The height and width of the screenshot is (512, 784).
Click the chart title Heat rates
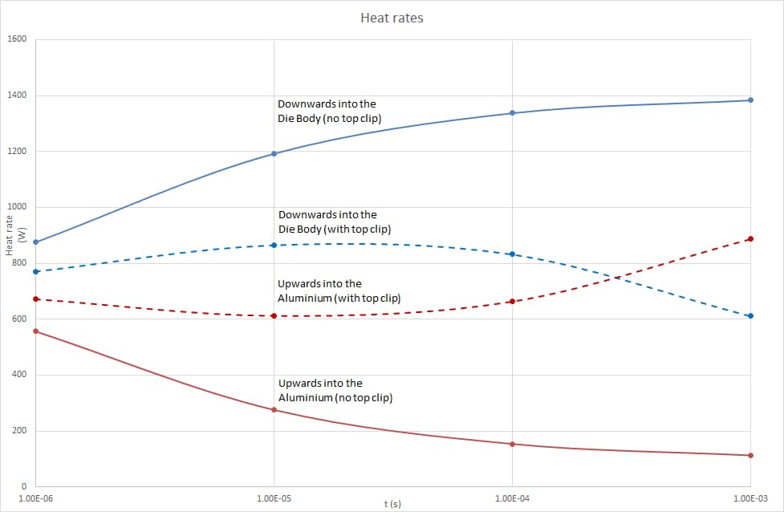[x=392, y=18]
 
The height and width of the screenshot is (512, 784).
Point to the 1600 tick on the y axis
[x=17, y=40]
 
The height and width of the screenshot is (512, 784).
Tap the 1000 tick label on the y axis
[x=17, y=207]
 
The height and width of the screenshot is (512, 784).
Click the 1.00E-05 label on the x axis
[x=274, y=498]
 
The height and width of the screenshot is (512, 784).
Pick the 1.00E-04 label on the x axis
[x=512, y=498]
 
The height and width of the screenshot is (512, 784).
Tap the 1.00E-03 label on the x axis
[x=750, y=498]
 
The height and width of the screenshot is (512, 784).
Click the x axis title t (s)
[x=392, y=503]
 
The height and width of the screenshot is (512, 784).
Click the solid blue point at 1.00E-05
[x=274, y=153]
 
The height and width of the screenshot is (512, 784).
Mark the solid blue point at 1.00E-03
[x=750, y=100]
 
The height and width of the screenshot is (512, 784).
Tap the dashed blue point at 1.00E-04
[x=512, y=254]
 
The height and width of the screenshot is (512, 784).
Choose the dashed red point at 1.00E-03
[x=750, y=238]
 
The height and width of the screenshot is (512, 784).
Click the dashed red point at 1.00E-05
[x=274, y=316]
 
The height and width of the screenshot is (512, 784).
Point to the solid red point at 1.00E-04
[x=512, y=444]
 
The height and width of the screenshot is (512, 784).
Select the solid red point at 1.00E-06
[x=36, y=331]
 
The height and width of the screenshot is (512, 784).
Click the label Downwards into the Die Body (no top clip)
[x=329, y=112]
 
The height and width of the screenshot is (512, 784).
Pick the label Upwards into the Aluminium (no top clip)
[x=335, y=391]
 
